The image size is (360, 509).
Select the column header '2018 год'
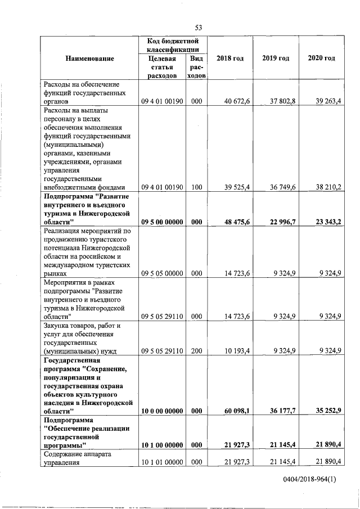[229, 58]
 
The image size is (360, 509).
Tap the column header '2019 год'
[276, 58]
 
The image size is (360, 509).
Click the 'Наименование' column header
[89, 58]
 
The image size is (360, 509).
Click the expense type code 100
[196, 187]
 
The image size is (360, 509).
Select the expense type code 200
[196, 351]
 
